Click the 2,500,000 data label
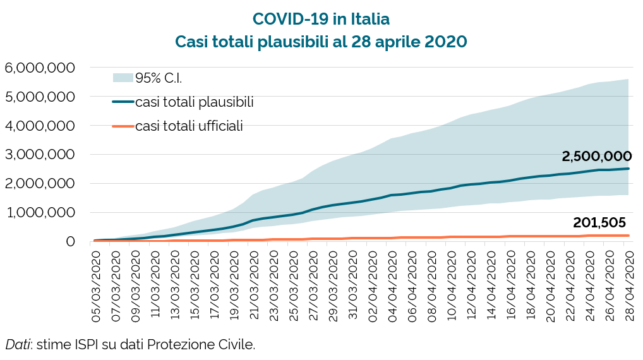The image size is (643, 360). (596, 156)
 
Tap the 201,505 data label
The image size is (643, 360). (599, 222)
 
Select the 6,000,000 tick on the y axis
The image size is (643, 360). (40, 68)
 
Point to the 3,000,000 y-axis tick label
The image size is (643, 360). (40, 155)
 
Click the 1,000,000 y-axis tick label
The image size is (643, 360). (40, 213)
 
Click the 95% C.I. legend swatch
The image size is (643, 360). (123, 78)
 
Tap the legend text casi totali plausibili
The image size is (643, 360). (195, 102)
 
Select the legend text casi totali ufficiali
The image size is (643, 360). (189, 126)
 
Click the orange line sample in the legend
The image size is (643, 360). (123, 126)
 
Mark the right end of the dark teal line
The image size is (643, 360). (629, 168)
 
